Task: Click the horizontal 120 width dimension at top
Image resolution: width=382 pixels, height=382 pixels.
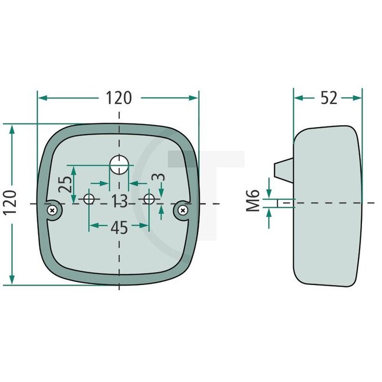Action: point(119,98)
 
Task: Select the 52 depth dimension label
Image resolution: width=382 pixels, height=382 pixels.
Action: point(329,98)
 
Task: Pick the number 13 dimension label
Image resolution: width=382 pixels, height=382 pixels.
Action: point(119,202)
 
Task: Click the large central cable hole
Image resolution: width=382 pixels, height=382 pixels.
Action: point(119,165)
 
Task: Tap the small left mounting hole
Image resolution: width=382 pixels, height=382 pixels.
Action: point(89,199)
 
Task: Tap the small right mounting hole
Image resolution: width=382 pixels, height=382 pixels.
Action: point(150,199)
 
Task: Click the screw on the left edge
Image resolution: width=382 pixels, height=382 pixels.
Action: point(53,209)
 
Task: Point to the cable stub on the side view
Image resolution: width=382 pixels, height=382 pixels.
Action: point(283,167)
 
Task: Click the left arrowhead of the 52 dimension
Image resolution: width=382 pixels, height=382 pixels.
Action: point(298,98)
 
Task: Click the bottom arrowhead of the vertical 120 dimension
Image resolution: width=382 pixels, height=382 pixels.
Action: point(12,280)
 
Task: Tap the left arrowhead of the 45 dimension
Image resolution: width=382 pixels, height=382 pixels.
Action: point(92,224)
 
